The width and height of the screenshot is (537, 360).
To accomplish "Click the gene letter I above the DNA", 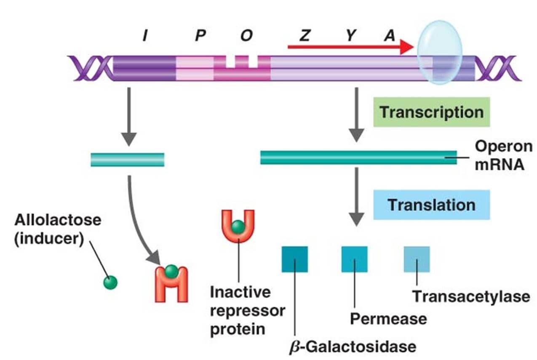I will coord(144,36).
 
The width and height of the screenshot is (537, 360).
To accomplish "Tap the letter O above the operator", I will coord(246,36).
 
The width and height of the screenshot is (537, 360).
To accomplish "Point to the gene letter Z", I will coord(304,36).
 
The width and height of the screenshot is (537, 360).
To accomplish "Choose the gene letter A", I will coord(389,36).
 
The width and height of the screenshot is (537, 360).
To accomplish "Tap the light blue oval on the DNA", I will coord(439,53).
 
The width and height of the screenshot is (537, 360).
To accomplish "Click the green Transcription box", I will coord(431,112).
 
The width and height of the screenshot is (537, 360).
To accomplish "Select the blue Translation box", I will coord(431,205).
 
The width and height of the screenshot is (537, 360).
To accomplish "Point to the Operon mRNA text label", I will coord(503,155).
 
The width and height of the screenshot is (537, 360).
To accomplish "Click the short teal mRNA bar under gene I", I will coord(127,160).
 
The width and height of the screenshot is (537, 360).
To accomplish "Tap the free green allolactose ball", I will coord(110,282).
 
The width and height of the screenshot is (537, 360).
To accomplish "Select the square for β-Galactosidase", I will coord(294,259).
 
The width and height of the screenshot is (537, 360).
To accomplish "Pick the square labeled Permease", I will coord(354,259).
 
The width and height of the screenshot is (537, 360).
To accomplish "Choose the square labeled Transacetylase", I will coord(417,259).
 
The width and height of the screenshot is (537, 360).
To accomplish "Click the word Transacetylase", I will coord(470,296).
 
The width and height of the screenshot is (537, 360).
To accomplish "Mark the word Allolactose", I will coord(58,220).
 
